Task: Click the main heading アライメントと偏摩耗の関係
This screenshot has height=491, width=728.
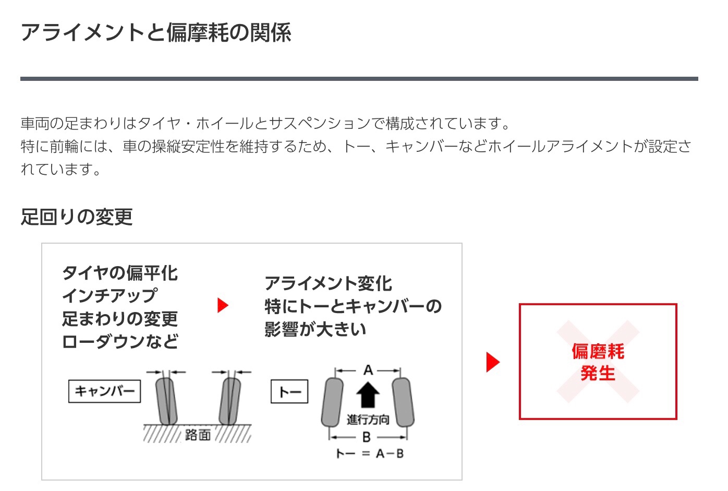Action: [156, 32]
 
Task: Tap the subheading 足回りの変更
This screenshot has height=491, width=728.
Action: [77, 217]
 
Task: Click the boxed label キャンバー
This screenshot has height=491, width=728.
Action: [105, 391]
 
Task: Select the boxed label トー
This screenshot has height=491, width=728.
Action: [289, 391]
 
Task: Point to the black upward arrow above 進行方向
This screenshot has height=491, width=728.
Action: [368, 395]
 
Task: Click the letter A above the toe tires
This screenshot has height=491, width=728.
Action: [368, 370]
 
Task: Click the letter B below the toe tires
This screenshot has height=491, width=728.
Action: [367, 437]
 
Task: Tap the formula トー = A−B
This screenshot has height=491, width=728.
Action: [370, 453]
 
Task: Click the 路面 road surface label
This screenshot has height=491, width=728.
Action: [198, 435]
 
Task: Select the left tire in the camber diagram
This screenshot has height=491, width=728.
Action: [166, 401]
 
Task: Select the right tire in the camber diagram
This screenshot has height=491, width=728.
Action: [229, 401]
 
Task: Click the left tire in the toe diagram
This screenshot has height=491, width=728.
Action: [332, 402]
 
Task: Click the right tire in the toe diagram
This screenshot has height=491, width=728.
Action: [403, 402]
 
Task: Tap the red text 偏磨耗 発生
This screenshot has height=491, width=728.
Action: [598, 362]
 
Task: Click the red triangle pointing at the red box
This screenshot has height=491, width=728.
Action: [493, 362]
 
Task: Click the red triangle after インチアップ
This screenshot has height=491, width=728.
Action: [223, 305]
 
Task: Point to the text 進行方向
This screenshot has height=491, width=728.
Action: [368, 420]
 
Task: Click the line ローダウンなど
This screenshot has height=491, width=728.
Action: [120, 341]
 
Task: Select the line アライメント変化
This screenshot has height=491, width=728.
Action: [329, 283]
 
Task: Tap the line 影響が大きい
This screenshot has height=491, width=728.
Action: [316, 329]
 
